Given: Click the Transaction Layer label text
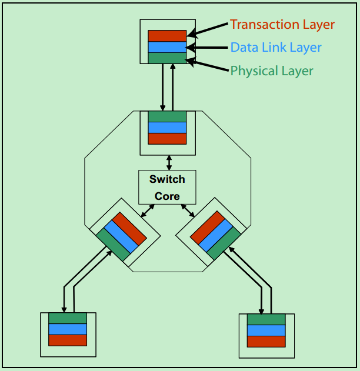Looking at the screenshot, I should (x=282, y=25).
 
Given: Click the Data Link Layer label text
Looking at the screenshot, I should (x=276, y=48).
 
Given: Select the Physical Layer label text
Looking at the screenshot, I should (x=271, y=71).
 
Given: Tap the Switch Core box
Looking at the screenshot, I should (x=167, y=188).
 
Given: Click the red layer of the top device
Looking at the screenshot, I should (x=167, y=36).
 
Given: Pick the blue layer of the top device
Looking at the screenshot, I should (x=167, y=47).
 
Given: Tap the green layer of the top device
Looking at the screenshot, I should (x=167, y=58).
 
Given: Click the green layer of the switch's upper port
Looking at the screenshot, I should (x=167, y=116).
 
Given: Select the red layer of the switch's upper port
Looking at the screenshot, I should (x=167, y=139).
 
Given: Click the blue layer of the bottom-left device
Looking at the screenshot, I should (x=68, y=329).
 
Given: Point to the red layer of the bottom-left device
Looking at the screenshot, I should (x=68, y=340).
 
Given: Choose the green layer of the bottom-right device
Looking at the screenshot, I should (x=266, y=319).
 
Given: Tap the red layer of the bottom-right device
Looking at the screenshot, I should (x=266, y=342).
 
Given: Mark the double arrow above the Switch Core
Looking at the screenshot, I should (x=169, y=162).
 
